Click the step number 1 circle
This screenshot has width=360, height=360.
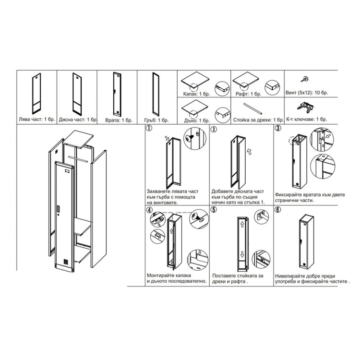pos(149,129)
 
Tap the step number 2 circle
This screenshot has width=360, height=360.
pos(213,129)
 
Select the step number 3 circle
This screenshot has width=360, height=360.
pos(277,129)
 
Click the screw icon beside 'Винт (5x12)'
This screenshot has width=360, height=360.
pos(303,80)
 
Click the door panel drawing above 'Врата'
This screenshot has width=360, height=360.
pos(116,92)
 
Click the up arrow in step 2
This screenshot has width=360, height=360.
pos(248,152)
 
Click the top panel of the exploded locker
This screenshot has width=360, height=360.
pos(78,139)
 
